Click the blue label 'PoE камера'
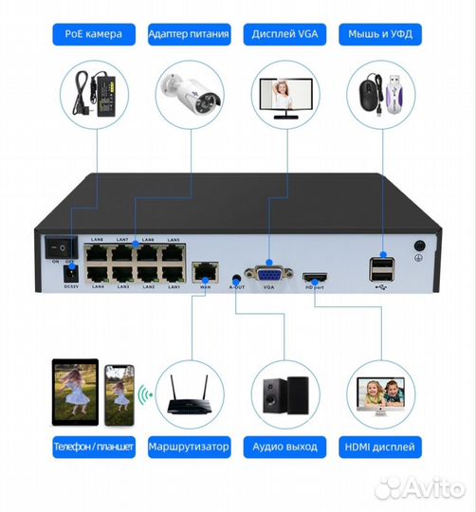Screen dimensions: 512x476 pos(94,36)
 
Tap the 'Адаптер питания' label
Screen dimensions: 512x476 pos(189,36)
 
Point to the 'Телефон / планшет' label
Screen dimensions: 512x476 pos(94,446)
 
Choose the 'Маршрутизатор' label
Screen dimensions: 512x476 pos(189,446)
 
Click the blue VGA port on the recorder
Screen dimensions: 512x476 pos(268,275)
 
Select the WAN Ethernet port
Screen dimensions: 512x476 pos(201,272)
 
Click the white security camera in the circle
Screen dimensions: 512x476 pos(190,91)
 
